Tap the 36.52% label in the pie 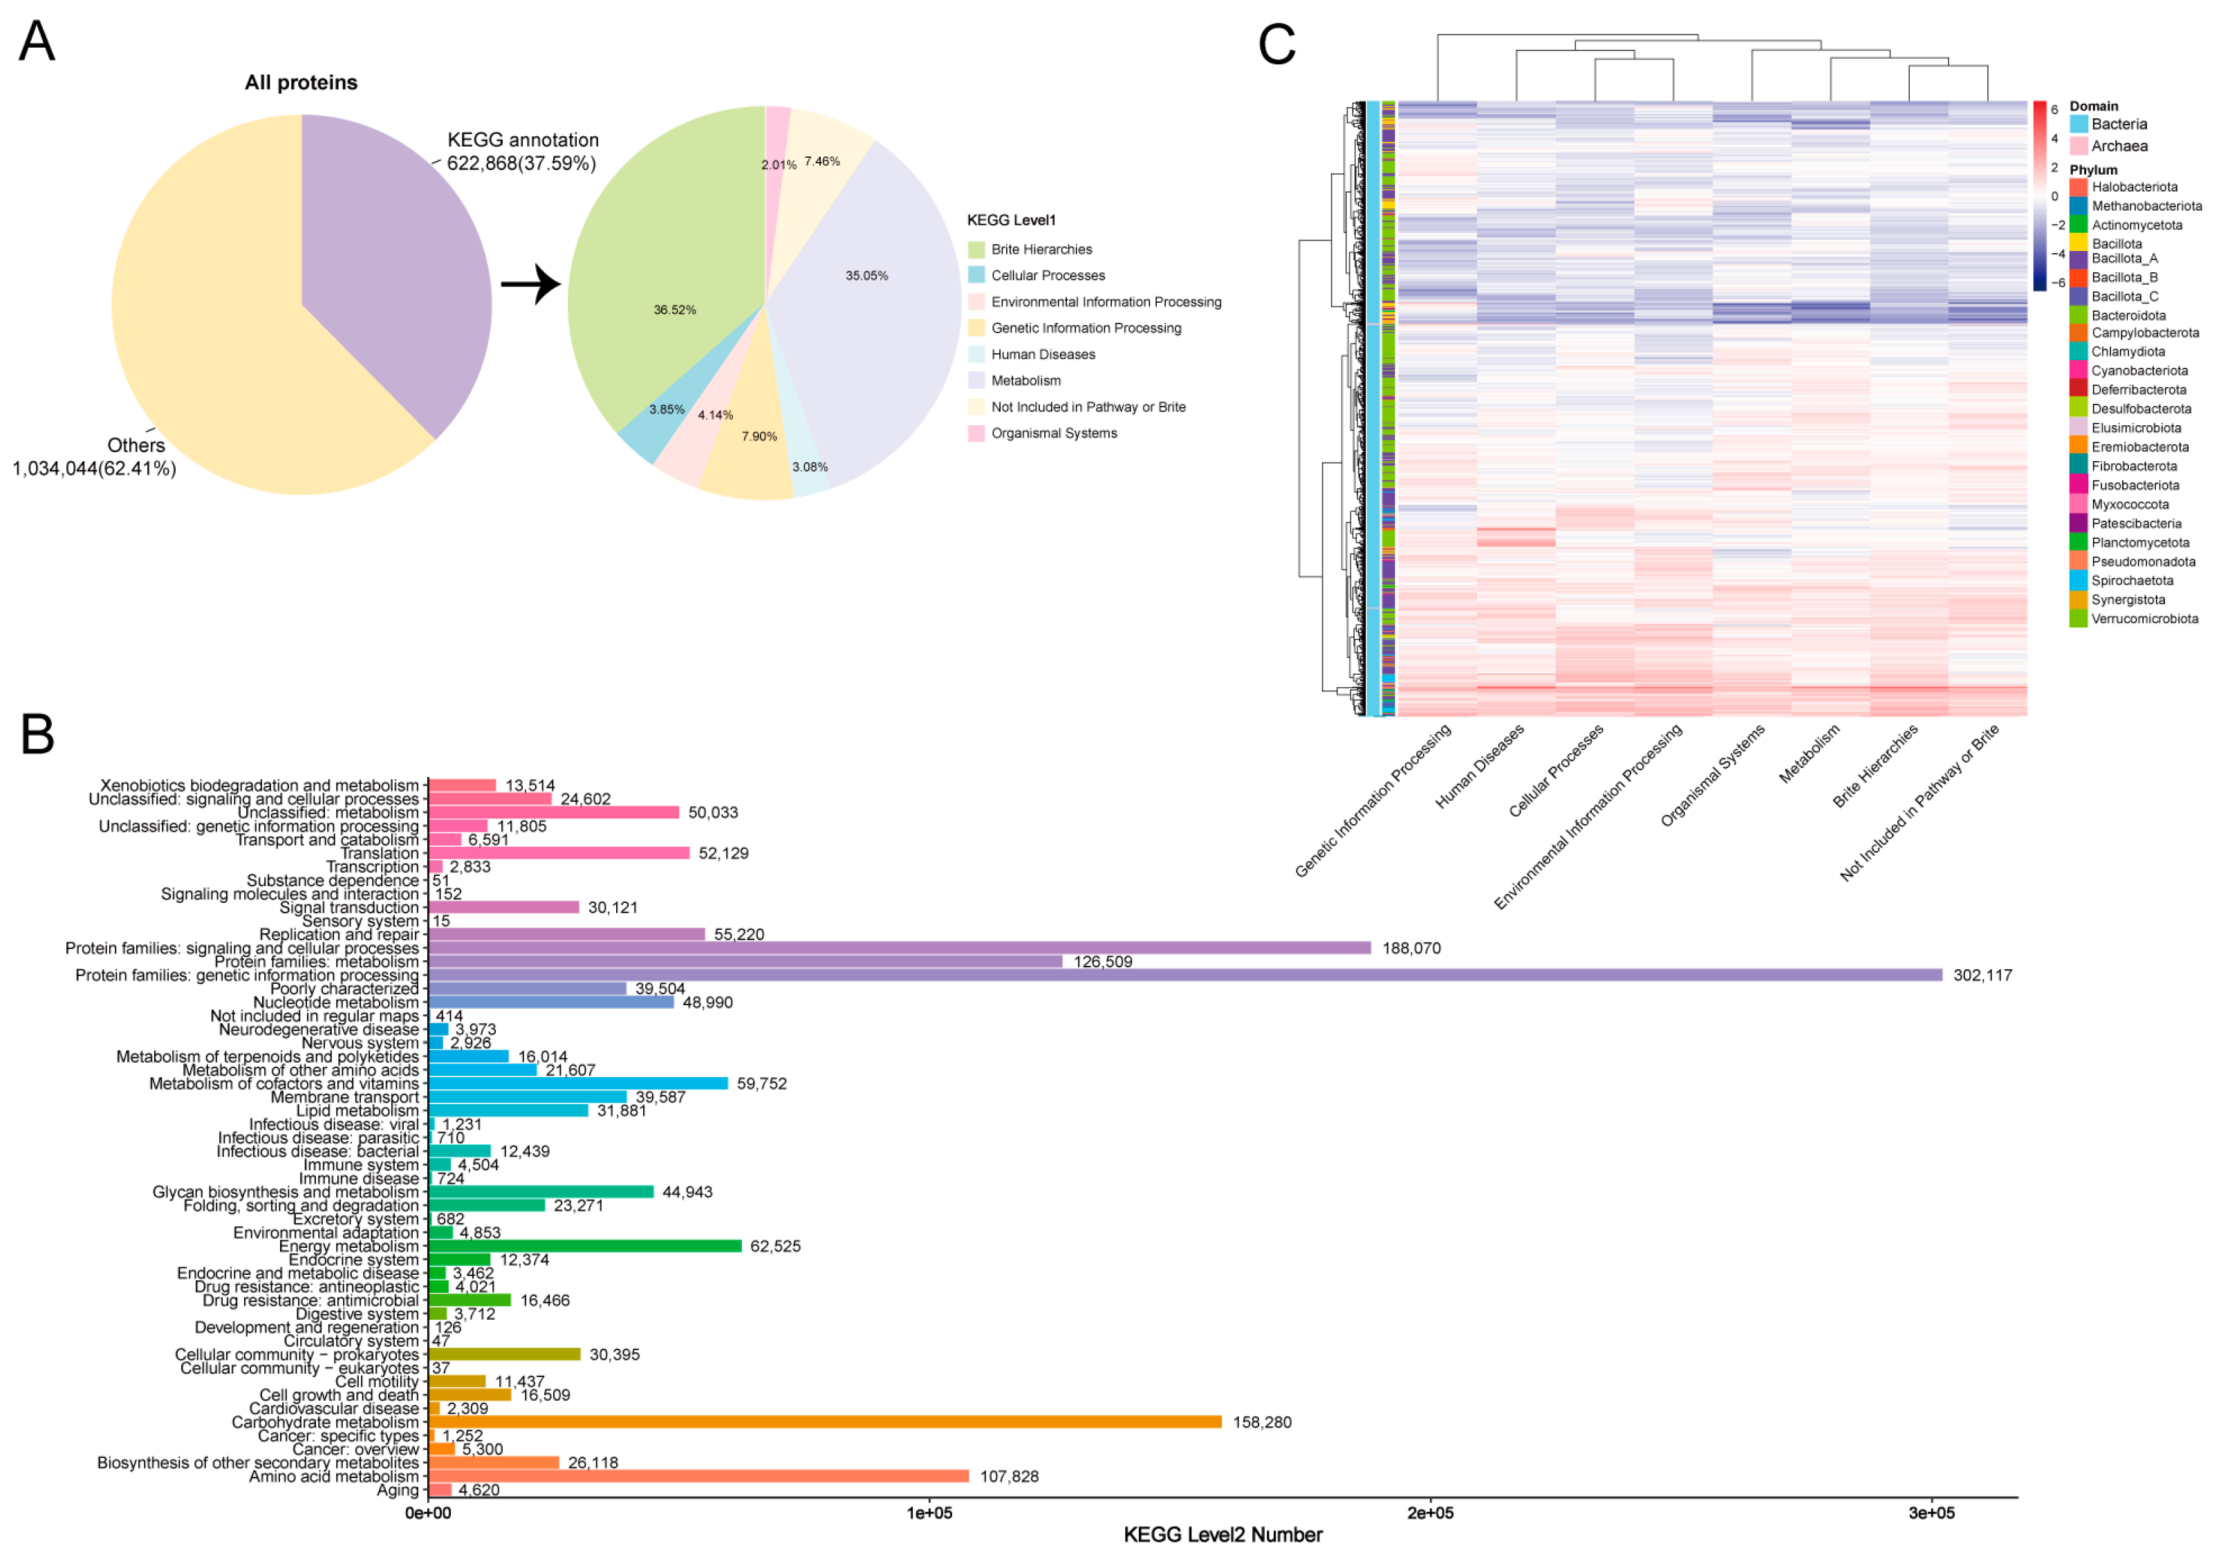(x=674, y=310)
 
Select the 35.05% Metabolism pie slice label (x=866, y=276)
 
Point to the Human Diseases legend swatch (x=976, y=355)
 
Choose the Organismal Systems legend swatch (x=976, y=433)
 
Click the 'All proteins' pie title (x=301, y=82)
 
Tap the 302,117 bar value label (x=1982, y=975)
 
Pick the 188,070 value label (x=1411, y=948)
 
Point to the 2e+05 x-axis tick (x=1430, y=1513)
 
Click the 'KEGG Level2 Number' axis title (x=1223, y=1535)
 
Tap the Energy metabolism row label (x=349, y=1246)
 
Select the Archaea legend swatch (x=2079, y=146)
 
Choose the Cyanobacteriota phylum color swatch (x=2078, y=371)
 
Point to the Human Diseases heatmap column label (x=1480, y=766)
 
